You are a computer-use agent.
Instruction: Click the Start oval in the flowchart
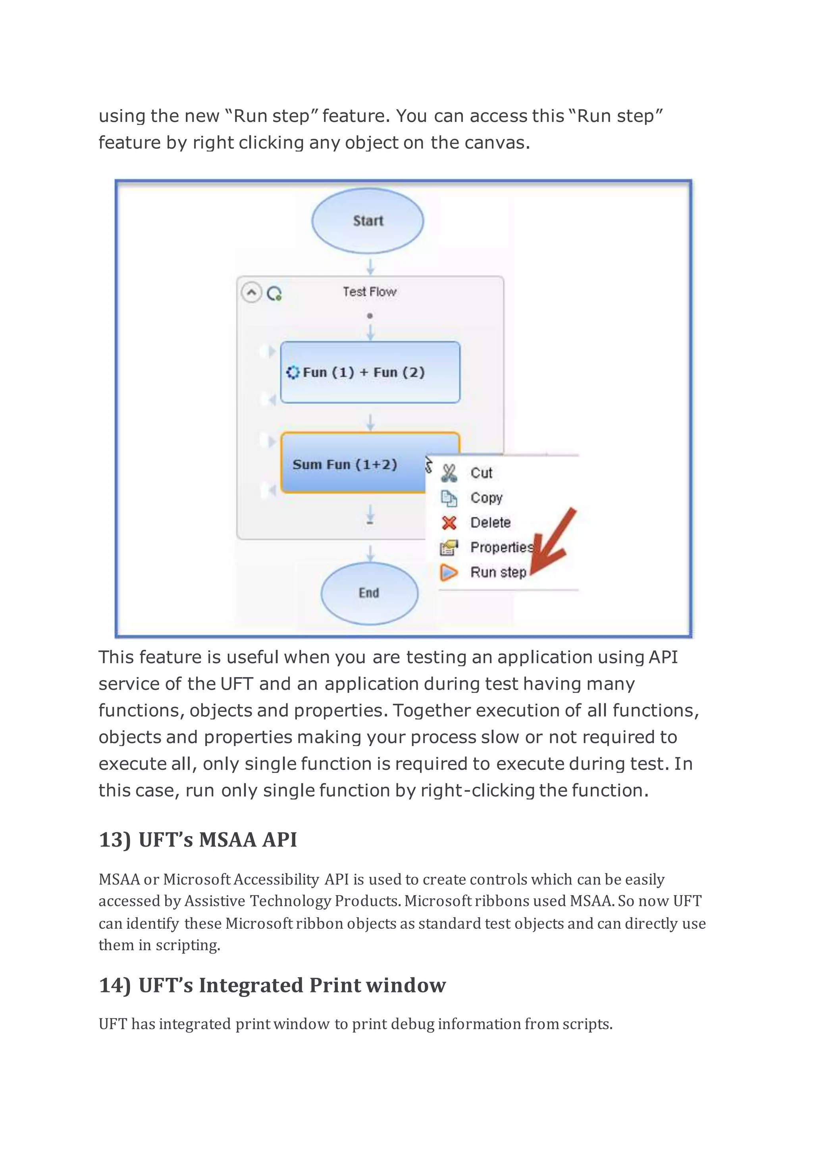(368, 221)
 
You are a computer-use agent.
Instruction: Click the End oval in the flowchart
(369, 593)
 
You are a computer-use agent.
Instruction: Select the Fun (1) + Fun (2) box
(370, 372)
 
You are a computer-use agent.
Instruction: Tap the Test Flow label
(370, 291)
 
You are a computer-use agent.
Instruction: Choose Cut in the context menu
(481, 473)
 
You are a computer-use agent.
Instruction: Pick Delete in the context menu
(490, 523)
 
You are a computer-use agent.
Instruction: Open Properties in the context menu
(501, 548)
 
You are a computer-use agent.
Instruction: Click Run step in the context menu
(498, 572)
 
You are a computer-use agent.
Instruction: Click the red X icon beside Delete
(449, 523)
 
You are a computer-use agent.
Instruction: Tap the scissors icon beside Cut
(449, 473)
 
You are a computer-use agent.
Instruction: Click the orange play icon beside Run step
(449, 572)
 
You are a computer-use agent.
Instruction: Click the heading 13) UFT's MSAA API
(198, 840)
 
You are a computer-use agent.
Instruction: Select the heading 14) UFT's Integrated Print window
(272, 985)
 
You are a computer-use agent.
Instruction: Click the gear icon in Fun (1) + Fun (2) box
(292, 372)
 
